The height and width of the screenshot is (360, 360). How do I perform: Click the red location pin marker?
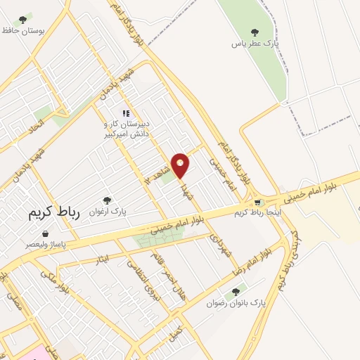(181, 166)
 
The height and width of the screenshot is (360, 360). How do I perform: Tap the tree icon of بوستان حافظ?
(24, 20)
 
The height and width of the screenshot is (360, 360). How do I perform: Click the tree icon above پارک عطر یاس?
(256, 32)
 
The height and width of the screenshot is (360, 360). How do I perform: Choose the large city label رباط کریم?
(55, 211)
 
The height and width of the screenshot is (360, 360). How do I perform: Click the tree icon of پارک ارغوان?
(107, 200)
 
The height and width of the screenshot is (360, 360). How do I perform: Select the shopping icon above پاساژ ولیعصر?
(45, 233)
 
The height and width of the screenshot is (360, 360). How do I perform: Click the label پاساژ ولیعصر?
(45, 245)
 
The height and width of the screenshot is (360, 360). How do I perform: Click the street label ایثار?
(102, 259)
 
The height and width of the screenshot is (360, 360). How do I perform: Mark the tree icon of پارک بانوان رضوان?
(236, 291)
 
